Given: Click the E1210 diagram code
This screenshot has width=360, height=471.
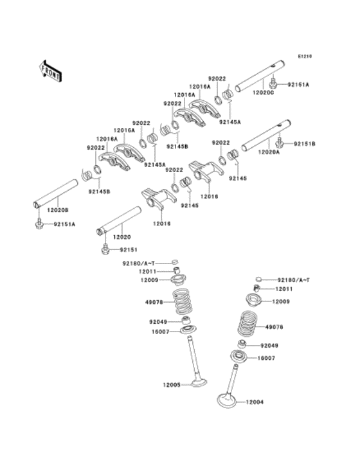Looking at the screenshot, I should tap(304, 57).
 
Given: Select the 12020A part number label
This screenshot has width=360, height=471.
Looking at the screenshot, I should tap(269, 152).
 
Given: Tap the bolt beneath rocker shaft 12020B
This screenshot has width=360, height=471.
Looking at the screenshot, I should tap(39, 224).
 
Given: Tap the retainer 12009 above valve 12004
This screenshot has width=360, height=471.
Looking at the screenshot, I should tap(256, 300).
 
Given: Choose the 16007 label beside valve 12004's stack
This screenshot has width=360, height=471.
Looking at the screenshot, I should tap(267, 358).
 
